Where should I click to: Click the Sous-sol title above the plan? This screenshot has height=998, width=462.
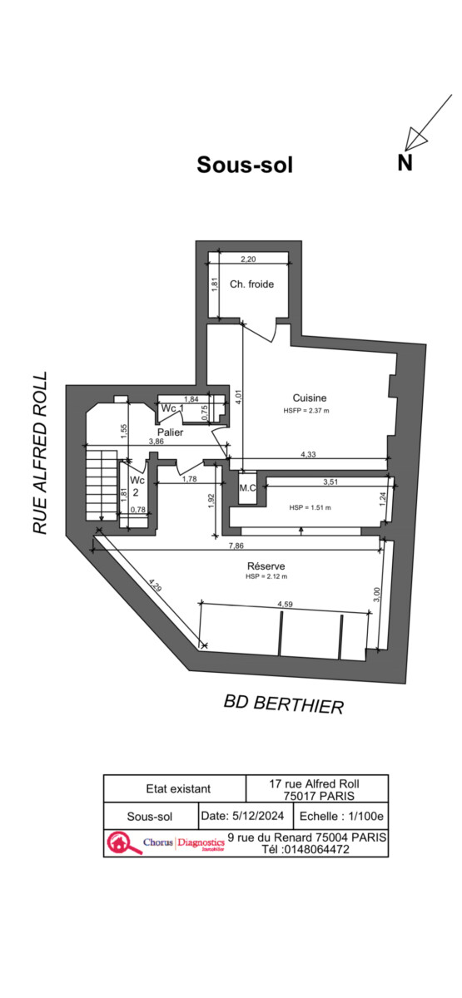[245, 165]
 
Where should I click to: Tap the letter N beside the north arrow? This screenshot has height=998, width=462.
[405, 163]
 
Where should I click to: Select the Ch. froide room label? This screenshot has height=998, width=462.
[252, 284]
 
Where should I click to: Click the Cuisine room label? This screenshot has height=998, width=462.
[310, 398]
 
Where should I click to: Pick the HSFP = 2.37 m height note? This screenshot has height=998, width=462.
[306, 411]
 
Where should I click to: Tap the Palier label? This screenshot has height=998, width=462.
[171, 432]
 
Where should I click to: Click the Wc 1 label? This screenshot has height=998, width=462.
[172, 408]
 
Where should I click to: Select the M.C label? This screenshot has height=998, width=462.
[247, 488]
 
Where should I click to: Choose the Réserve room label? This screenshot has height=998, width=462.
[266, 566]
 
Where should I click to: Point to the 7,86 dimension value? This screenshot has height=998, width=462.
[236, 546]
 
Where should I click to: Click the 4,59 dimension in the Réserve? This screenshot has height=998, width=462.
[286, 605]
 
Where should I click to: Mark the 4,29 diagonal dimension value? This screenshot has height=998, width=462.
[156, 585]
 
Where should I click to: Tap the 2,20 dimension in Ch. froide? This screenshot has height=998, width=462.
[248, 259]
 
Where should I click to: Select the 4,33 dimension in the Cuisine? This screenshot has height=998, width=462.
[308, 454]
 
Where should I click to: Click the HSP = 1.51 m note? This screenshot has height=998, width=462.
[310, 507]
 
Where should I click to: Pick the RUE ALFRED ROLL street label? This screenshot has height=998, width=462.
[40, 453]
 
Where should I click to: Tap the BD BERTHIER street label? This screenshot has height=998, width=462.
[284, 704]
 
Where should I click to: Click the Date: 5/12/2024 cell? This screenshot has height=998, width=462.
[242, 816]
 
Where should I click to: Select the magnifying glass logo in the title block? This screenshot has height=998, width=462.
[122, 842]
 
